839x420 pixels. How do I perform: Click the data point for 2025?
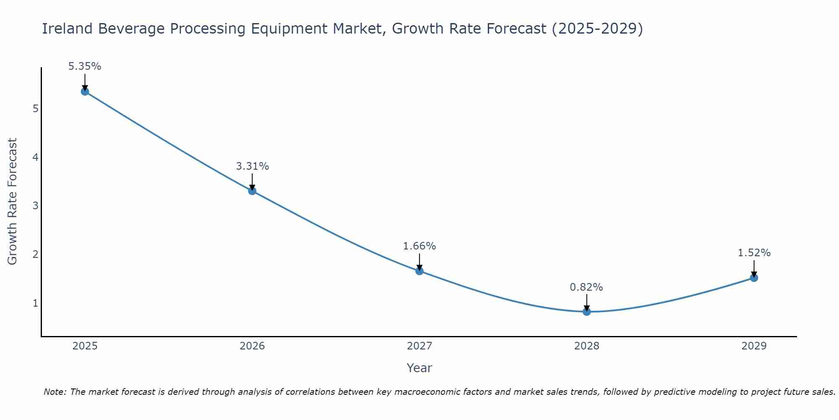85,92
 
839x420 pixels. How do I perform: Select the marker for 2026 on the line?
252,191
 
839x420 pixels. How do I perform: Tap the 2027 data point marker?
419,271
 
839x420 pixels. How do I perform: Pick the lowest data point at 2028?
586,312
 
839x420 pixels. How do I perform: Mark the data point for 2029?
754,278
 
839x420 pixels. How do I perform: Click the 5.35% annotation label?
85,66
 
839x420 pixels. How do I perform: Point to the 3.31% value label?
252,166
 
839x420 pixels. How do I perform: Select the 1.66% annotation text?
419,246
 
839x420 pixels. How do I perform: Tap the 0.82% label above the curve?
586,287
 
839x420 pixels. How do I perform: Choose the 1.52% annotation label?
754,253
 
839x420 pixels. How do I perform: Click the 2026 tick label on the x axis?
252,346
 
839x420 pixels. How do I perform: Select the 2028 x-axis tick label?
586,346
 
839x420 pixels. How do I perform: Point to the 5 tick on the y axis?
36,109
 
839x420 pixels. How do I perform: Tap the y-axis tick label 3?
36,206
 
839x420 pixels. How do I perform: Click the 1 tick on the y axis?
36,303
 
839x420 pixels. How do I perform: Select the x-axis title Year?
419,368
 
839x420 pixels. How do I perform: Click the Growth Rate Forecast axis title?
13,202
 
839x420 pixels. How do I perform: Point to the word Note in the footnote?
55,392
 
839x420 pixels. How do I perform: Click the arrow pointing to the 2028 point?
586,302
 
